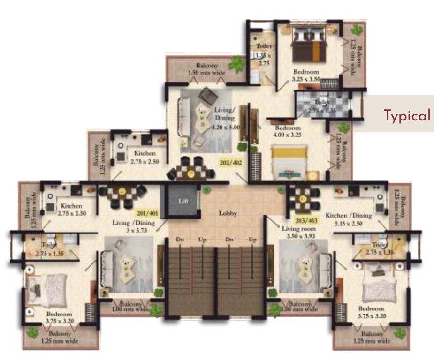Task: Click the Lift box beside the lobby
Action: (x=183, y=201)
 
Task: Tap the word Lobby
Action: (x=228, y=213)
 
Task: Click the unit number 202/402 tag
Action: (x=230, y=163)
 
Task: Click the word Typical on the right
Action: (x=407, y=115)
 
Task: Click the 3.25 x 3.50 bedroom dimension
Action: (x=306, y=80)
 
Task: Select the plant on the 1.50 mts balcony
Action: (x=237, y=63)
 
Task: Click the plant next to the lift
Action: (x=206, y=189)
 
